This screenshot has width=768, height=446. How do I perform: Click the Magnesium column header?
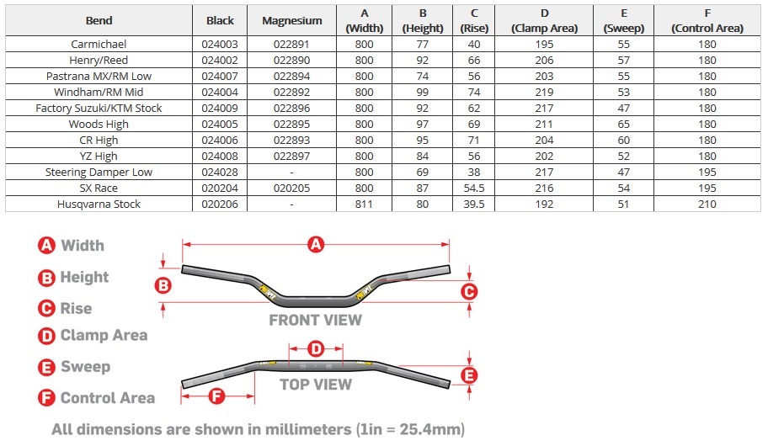(x=292, y=20)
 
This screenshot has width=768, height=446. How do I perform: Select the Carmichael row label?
(x=99, y=44)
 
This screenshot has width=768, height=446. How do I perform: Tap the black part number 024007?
(x=220, y=77)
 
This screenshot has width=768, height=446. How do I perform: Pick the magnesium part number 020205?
(x=291, y=188)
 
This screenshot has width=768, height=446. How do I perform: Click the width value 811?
(x=364, y=204)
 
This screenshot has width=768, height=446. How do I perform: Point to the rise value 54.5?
(x=473, y=188)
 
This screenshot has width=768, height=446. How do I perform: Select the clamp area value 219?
(x=544, y=92)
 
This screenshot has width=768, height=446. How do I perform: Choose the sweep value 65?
(x=623, y=125)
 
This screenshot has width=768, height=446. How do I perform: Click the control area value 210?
(x=707, y=204)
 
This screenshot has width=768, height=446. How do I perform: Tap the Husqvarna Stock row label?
(x=99, y=204)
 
